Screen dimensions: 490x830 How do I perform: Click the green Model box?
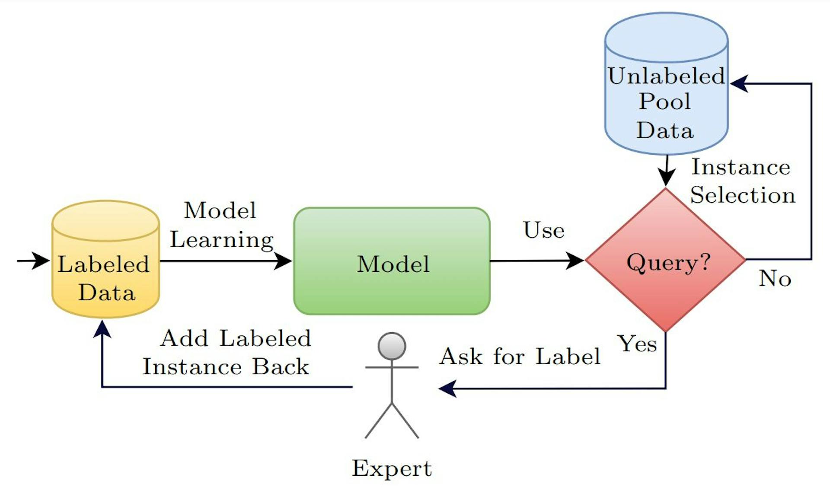click(392, 261)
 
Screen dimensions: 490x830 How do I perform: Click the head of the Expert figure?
click(392, 346)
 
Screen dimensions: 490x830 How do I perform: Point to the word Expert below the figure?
click(392, 468)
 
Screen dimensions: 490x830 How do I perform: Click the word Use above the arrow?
click(544, 230)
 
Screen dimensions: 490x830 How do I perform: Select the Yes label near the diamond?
click(637, 344)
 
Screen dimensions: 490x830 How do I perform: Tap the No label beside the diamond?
click(775, 278)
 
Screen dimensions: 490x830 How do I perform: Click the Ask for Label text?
click(520, 357)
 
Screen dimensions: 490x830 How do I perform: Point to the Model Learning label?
click(221, 225)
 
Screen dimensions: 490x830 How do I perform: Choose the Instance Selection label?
click(742, 181)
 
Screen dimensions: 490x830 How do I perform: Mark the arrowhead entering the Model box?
click(284, 261)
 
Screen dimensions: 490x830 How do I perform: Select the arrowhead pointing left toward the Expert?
click(448, 388)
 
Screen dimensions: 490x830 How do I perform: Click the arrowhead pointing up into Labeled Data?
click(102, 329)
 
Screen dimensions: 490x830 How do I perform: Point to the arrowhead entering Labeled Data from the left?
click(41, 261)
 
